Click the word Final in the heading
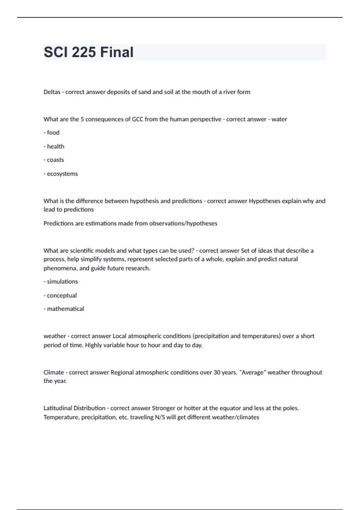[x=117, y=52]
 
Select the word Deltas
[x=52, y=92]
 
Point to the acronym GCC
[x=138, y=119]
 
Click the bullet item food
[x=53, y=133]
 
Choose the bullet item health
[x=55, y=146]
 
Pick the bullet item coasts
[x=55, y=160]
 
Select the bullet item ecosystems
[x=62, y=174]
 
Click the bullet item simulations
[x=62, y=282]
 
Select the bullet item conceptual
[x=62, y=295]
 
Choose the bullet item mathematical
[x=65, y=309]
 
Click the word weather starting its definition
[x=55, y=336]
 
